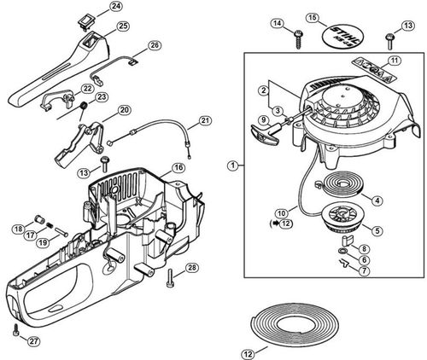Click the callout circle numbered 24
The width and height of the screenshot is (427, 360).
coord(116,7)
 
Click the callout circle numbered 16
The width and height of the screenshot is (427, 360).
coord(178,168)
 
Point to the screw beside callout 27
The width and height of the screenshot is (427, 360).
coord(15,328)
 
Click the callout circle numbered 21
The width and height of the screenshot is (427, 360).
coord(205,120)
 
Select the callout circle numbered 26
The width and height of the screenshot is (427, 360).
coord(154,45)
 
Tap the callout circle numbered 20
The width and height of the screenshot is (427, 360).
coord(124,110)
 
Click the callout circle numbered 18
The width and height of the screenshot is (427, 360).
coord(17,228)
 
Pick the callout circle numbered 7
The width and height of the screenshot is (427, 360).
coord(364,270)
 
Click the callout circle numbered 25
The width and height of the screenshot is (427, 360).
coord(123,26)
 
